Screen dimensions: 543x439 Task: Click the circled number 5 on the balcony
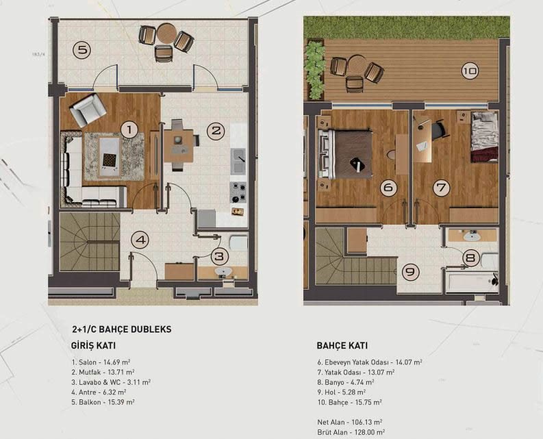[81, 50]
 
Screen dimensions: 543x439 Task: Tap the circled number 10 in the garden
[470, 71]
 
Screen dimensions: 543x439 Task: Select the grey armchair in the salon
[88, 110]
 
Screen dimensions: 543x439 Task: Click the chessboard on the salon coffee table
[110, 160]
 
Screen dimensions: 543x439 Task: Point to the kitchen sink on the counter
[238, 162]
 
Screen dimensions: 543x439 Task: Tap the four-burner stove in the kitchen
[238, 192]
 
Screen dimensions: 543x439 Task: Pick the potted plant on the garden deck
[315, 69]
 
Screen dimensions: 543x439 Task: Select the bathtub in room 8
[472, 281]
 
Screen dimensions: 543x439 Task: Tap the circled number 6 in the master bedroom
[388, 188]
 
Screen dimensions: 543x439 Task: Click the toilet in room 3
[238, 243]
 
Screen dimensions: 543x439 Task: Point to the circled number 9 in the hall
[410, 272]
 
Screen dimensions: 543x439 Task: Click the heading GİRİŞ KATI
[93, 345]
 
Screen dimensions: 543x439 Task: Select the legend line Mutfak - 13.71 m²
[103, 372]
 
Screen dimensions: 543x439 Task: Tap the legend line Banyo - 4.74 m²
[346, 382]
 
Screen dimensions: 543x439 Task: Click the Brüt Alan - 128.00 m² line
[351, 432]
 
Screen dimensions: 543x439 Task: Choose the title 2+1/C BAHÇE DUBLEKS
[122, 329]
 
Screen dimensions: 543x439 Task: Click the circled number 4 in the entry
[140, 240]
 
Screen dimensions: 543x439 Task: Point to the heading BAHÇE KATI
[342, 345]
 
